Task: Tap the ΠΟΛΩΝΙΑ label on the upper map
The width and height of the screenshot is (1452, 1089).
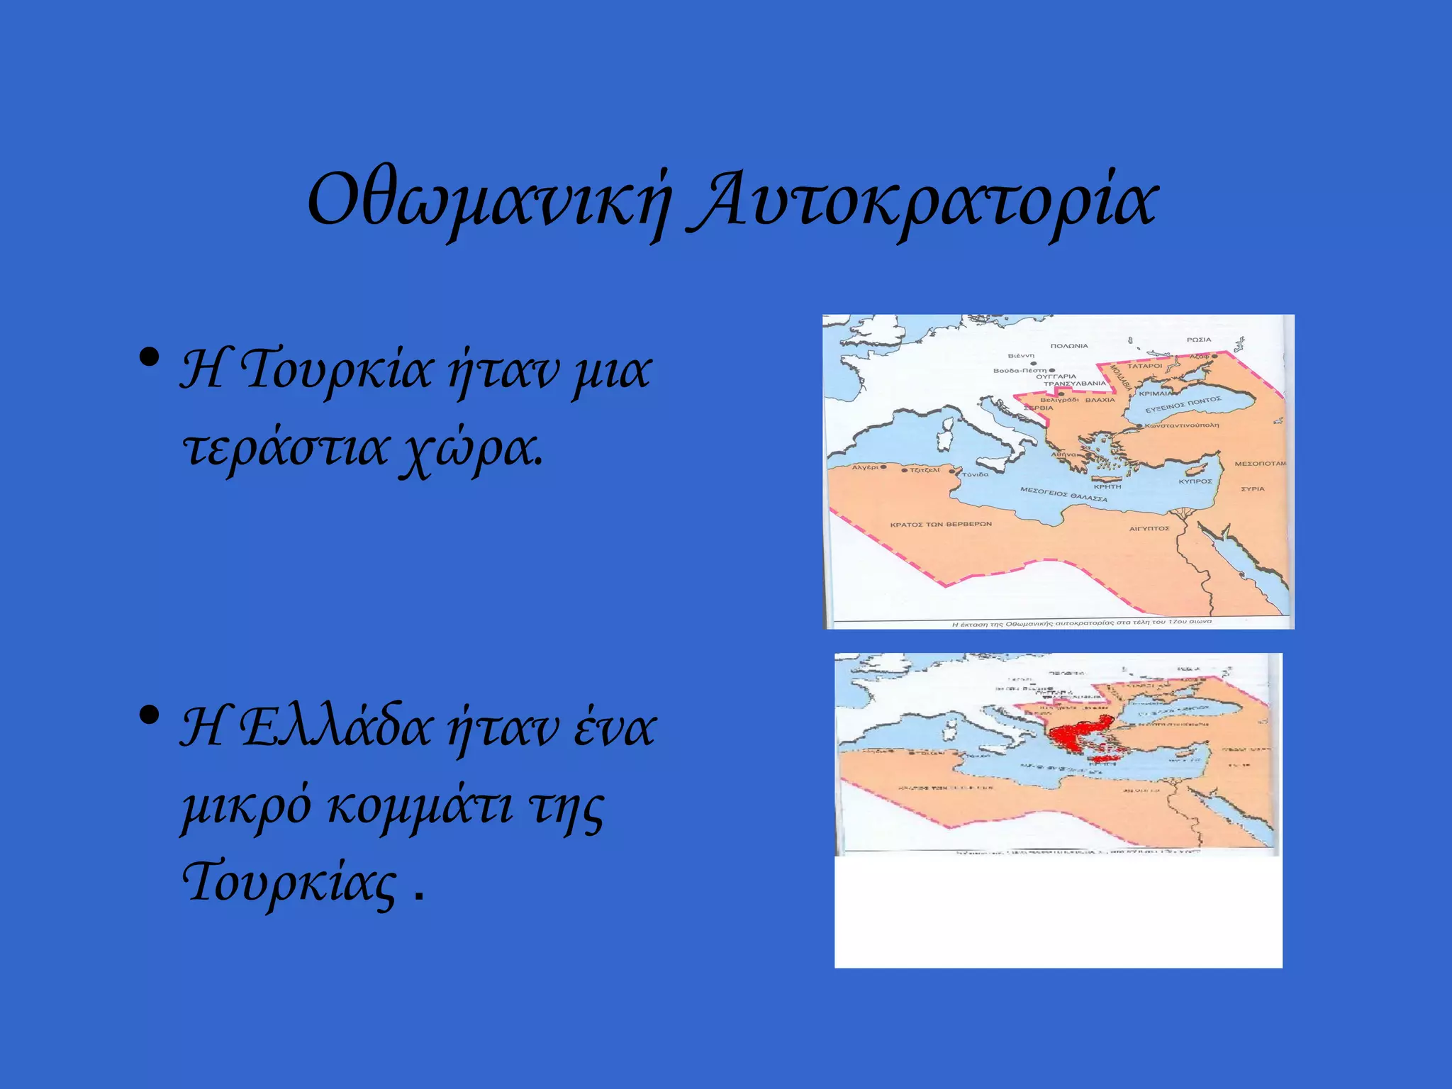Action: (x=1068, y=346)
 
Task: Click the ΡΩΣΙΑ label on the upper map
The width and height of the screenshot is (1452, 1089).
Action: (x=1199, y=340)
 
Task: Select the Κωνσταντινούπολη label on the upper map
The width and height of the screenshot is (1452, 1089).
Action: (x=1181, y=425)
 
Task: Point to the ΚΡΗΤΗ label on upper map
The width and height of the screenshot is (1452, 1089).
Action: (x=1107, y=486)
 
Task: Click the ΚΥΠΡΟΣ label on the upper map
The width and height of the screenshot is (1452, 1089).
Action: (x=1195, y=481)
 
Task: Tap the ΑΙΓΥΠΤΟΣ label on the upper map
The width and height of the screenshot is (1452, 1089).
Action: (x=1149, y=528)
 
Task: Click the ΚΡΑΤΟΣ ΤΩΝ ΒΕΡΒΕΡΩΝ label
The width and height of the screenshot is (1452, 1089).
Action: (x=941, y=525)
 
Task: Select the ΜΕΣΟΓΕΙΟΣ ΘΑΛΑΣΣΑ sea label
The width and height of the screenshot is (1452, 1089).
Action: (x=1063, y=494)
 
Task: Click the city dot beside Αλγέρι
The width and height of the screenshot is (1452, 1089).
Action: (x=883, y=467)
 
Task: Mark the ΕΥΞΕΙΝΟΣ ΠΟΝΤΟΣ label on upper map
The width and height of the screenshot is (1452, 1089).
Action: (x=1183, y=404)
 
